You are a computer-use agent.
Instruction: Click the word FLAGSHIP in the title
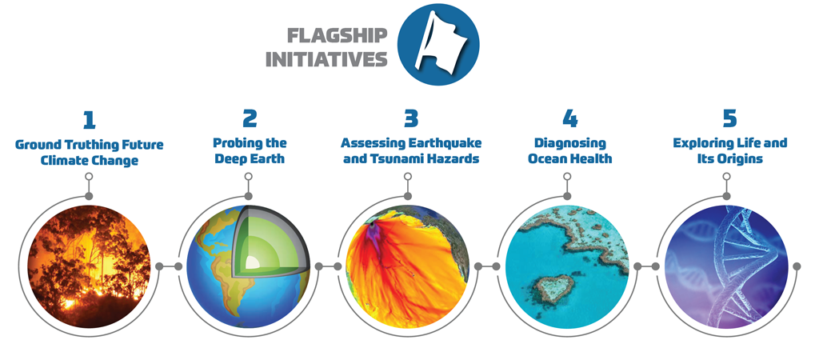point(338,35)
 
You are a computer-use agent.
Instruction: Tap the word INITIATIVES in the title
point(326,59)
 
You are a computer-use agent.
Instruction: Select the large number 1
point(89,120)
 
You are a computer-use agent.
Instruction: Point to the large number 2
point(250,120)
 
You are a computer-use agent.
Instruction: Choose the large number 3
point(411,120)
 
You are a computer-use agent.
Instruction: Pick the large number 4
point(569,120)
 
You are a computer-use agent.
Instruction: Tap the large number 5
point(729,120)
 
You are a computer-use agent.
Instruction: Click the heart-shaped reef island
point(553,290)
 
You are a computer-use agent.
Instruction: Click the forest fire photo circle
point(90,266)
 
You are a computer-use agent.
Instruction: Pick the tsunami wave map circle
point(408,266)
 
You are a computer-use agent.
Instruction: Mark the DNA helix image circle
point(726,266)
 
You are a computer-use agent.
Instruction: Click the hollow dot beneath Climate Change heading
point(89,176)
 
